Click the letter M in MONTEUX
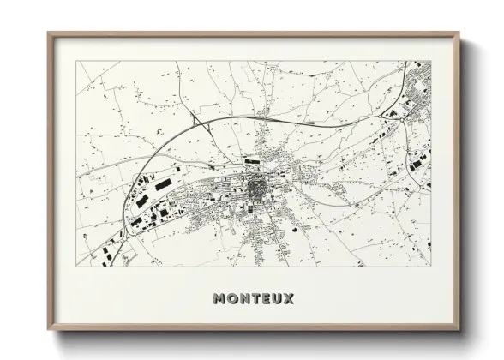coord(219,299)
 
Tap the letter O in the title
coord(232,299)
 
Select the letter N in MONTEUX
coord(244,299)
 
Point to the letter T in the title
coord(255,299)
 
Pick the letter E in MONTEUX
coord(266,299)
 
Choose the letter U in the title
coord(277,299)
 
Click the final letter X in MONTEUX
coord(289,299)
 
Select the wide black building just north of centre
coord(251,160)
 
